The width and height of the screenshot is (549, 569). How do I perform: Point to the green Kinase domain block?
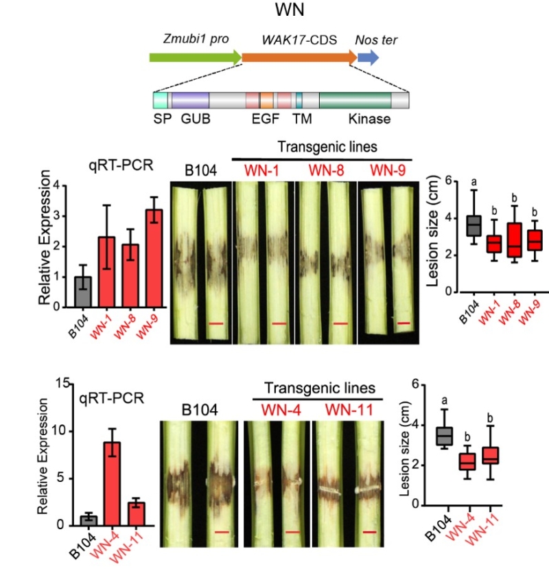[354, 100]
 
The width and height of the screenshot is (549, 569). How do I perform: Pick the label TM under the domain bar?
[301, 119]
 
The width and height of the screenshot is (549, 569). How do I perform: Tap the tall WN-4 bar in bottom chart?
[112, 483]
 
